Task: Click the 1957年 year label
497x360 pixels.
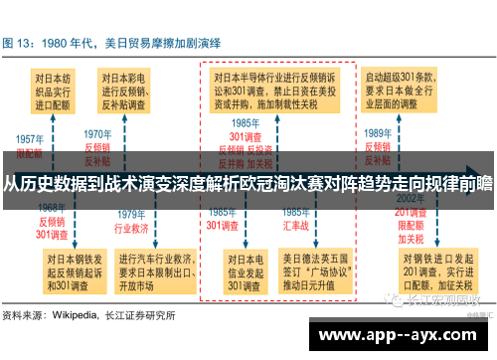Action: pos(30,139)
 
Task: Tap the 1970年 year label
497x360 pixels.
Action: pos(97,134)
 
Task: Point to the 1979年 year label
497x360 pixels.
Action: pos(132,215)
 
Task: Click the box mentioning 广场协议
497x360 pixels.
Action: pos(315,271)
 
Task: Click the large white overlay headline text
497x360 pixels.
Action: pos(248,181)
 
